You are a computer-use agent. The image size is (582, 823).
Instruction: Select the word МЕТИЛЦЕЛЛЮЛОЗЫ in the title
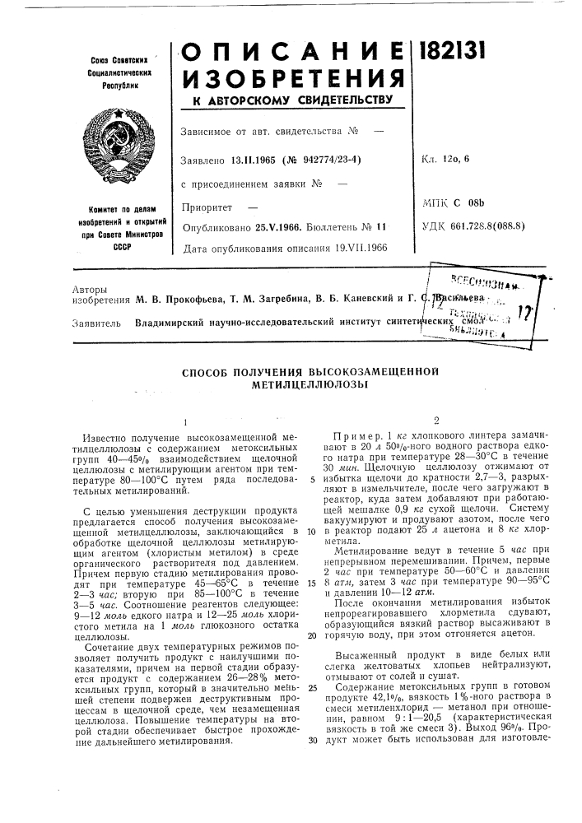[x=295, y=384]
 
